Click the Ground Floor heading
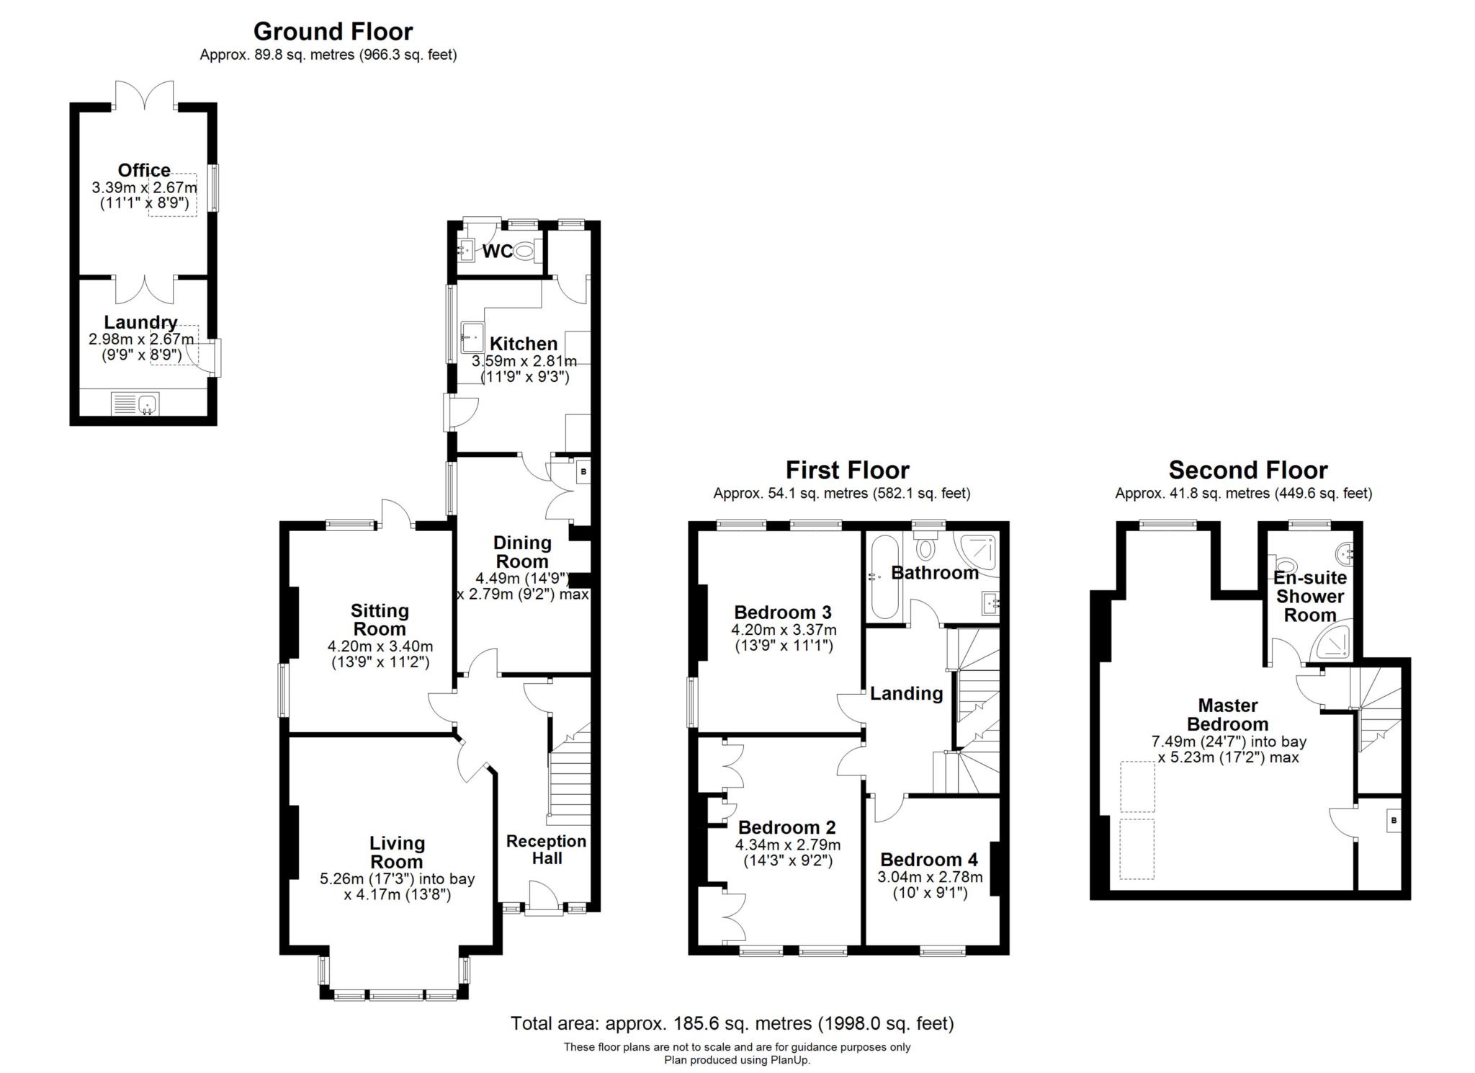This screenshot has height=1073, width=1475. pyautogui.click(x=333, y=32)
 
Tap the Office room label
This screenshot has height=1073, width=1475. pyautogui.click(x=144, y=170)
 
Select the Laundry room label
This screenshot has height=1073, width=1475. pyautogui.click(x=140, y=322)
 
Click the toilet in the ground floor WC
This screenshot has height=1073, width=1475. pyautogui.click(x=526, y=251)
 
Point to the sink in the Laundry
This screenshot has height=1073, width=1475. pyautogui.click(x=148, y=404)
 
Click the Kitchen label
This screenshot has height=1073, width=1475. pyautogui.click(x=524, y=344)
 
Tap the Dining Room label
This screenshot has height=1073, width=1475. pyautogui.click(x=522, y=552)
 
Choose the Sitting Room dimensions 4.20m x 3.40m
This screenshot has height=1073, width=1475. pyautogui.click(x=380, y=646)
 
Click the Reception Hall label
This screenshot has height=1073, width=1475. pyautogui.click(x=546, y=850)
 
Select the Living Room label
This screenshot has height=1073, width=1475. pyautogui.click(x=397, y=852)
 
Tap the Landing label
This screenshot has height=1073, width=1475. pyautogui.click(x=907, y=693)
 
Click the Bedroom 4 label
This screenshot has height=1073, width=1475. pyautogui.click(x=929, y=860)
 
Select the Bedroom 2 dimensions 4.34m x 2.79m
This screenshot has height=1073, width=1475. pyautogui.click(x=788, y=845)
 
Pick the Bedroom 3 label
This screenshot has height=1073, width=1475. pyautogui.click(x=783, y=613)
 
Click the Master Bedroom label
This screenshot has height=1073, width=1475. pyautogui.click(x=1228, y=715)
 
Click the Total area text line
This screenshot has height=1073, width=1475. pyautogui.click(x=732, y=1023)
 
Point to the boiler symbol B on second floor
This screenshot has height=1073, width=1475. pyautogui.click(x=1394, y=821)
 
